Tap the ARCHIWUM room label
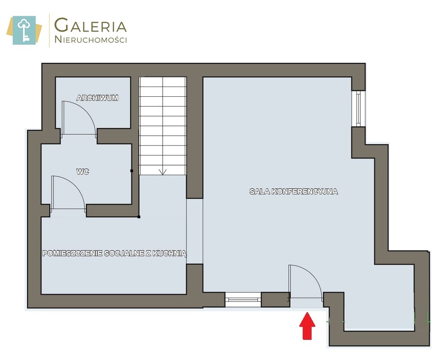pyautogui.click(x=97, y=98)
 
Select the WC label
pyautogui.click(x=82, y=171)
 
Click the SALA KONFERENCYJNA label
pyautogui.click(x=294, y=192)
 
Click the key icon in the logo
pyautogui.click(x=24, y=30)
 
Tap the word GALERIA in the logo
pyautogui.click(x=91, y=25)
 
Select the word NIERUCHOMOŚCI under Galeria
pyautogui.click(x=91, y=40)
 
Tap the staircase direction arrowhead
pyautogui.click(x=163, y=172)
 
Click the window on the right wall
pyautogui.click(x=358, y=109)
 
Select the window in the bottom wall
pyautogui.click(x=243, y=299)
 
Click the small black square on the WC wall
pyautogui.click(x=132, y=171)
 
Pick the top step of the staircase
pyautogui.click(x=163, y=82)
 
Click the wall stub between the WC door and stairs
pyautogui.click(x=113, y=211)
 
